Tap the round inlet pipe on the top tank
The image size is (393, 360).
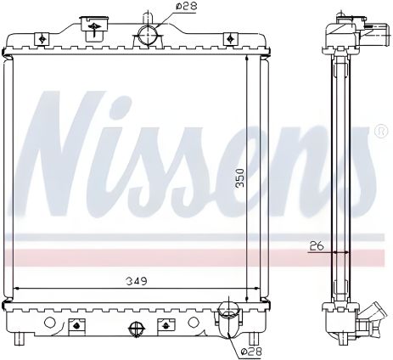[148, 35]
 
